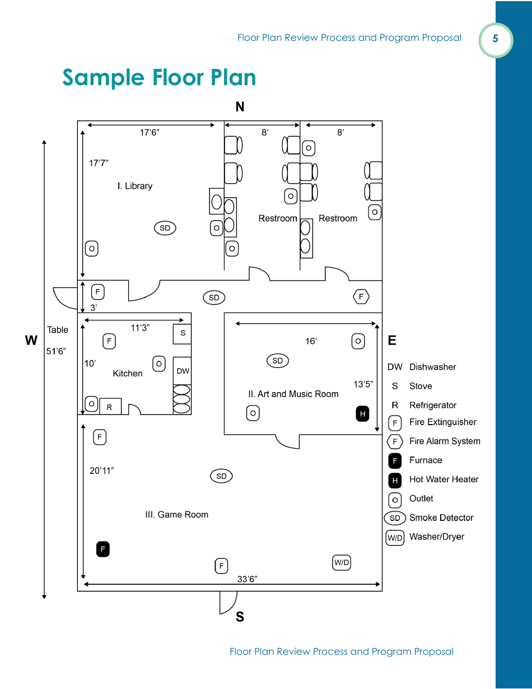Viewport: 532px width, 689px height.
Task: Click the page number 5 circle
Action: coord(495,39)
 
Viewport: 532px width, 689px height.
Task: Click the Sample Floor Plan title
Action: coord(159,77)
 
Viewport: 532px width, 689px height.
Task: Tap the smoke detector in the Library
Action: coord(165,228)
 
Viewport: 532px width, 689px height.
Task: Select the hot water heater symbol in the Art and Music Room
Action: coord(362,414)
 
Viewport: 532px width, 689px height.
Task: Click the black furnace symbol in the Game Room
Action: coord(102,549)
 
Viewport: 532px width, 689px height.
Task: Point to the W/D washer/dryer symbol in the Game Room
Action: coord(342,562)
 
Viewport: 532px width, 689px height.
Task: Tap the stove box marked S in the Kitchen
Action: coord(182,333)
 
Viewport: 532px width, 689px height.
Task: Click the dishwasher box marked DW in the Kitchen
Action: coord(183,371)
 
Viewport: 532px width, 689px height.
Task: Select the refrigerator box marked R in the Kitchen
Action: coord(110,407)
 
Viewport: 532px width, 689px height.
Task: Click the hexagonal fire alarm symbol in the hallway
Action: coord(361,296)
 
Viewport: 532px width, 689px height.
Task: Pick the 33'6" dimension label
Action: coord(247,579)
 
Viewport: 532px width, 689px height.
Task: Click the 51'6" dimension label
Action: coord(56,351)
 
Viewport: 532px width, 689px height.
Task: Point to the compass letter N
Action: coord(240,107)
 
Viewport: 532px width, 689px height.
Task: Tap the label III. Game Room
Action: coord(176,514)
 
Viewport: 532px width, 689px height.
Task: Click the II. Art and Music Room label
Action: coord(293,394)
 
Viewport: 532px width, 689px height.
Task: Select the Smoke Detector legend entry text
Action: coord(441,518)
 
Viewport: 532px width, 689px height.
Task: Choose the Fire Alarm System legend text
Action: coord(445,441)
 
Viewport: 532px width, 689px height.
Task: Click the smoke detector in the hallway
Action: coord(214,297)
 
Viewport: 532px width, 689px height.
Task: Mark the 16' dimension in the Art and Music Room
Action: coord(311,341)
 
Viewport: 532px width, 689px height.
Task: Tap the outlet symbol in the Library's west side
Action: coord(91,248)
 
